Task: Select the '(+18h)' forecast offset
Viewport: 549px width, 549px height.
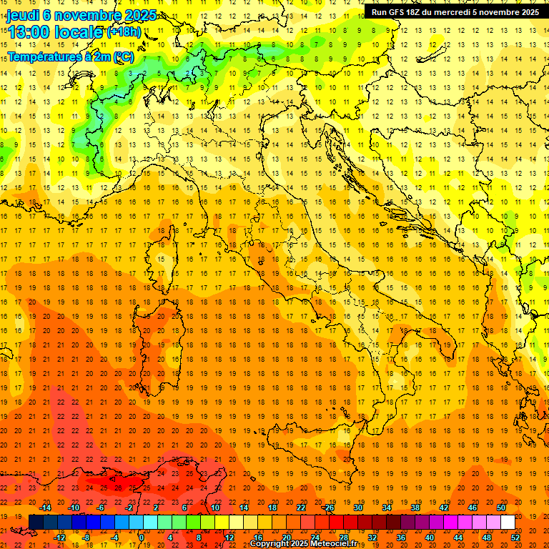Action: tap(124, 31)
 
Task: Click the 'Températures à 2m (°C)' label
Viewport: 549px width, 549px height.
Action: tap(70, 56)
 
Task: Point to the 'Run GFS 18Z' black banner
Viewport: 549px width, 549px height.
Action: tap(455, 11)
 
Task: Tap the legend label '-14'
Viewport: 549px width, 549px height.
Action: tap(47, 507)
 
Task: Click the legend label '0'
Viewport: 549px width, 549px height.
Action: tap(142, 537)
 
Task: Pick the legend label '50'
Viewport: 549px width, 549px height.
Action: tap(500, 507)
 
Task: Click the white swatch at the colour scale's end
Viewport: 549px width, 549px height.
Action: tap(508, 522)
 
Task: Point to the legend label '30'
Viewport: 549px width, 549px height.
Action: tap(357, 507)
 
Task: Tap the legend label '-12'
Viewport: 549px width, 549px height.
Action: tap(60, 537)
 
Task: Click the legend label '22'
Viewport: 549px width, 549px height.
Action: tap(301, 507)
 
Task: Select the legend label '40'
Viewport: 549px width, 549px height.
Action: tap(430, 537)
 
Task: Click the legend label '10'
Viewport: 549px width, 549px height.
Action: tap(214, 507)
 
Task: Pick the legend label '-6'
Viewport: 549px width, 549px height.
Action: tap(101, 507)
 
